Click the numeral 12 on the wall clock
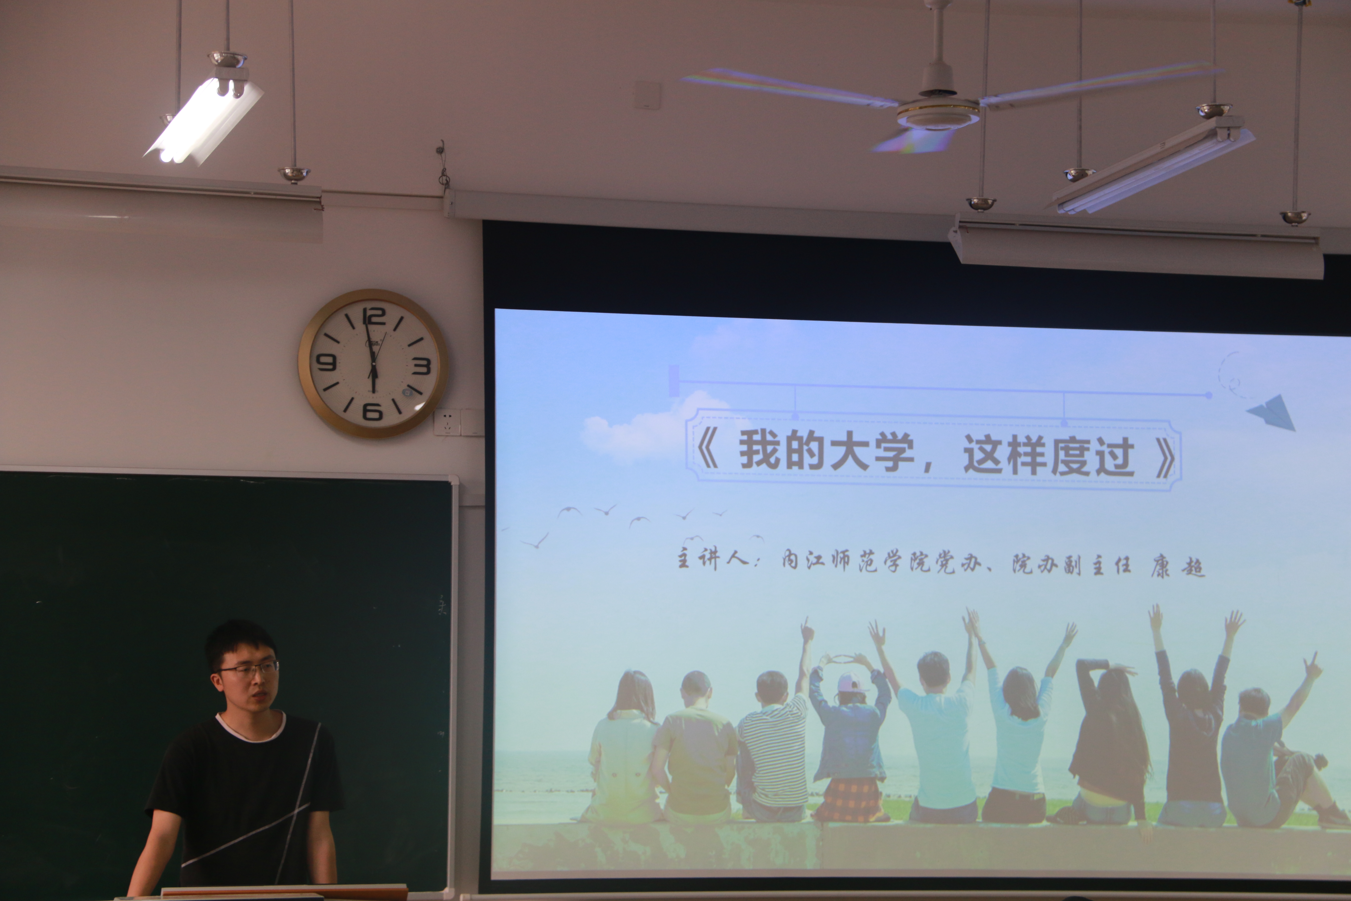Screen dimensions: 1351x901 (374, 317)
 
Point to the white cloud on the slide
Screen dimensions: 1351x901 (643, 428)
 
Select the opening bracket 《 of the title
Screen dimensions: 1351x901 (708, 449)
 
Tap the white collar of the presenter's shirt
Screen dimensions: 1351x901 (251, 729)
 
